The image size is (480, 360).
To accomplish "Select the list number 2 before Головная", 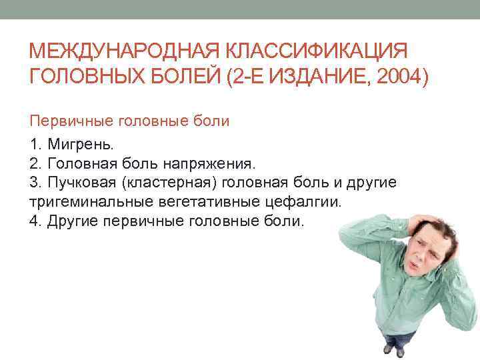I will (34, 164).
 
